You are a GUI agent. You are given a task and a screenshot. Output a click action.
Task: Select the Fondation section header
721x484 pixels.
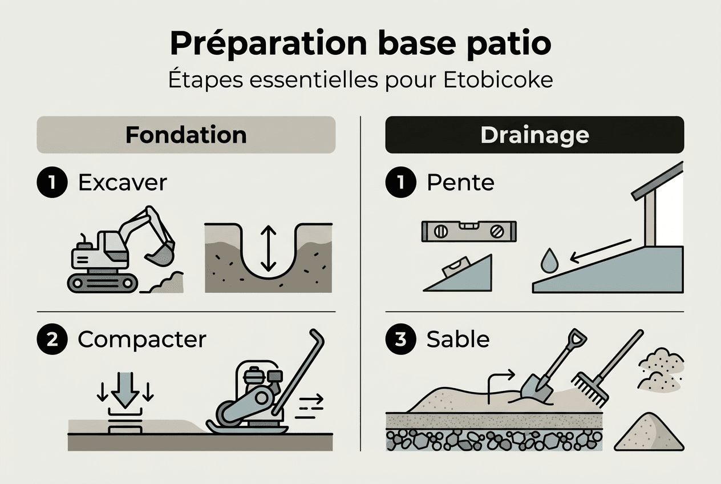tap(186, 135)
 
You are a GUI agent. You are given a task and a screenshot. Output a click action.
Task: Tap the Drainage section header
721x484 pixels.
tap(534, 135)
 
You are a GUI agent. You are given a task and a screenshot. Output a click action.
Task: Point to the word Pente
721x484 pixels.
tap(460, 183)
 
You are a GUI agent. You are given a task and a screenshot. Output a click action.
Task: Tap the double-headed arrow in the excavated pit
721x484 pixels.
tap(268, 248)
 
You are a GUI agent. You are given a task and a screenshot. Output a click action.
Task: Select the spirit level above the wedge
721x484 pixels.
tap(469, 231)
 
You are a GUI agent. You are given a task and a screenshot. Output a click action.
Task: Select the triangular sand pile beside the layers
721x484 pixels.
tap(651, 433)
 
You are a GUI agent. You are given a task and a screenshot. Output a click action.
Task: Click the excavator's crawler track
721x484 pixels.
tap(103, 283)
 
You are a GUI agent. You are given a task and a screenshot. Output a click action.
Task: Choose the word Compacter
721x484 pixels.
tap(141, 339)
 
